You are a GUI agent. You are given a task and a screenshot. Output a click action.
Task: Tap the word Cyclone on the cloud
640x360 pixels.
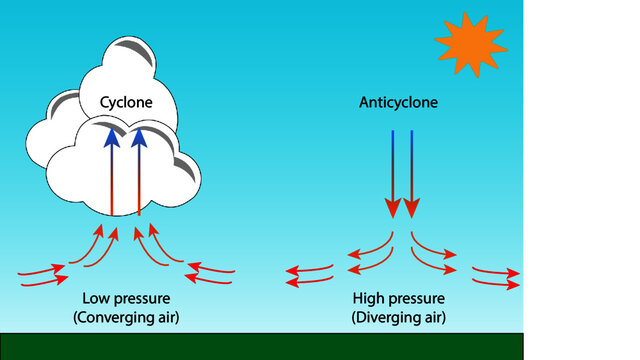point(125,103)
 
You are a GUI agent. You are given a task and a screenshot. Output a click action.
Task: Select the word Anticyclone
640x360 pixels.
point(398,103)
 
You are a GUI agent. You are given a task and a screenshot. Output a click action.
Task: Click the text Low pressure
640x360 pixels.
point(127,299)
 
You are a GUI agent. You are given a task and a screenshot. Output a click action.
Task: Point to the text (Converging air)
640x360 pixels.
point(127,317)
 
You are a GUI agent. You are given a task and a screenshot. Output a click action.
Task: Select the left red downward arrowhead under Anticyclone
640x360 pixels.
point(393,207)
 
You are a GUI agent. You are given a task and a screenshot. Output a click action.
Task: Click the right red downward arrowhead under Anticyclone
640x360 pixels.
point(411,207)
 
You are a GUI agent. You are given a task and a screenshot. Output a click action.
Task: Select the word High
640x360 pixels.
point(369,299)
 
